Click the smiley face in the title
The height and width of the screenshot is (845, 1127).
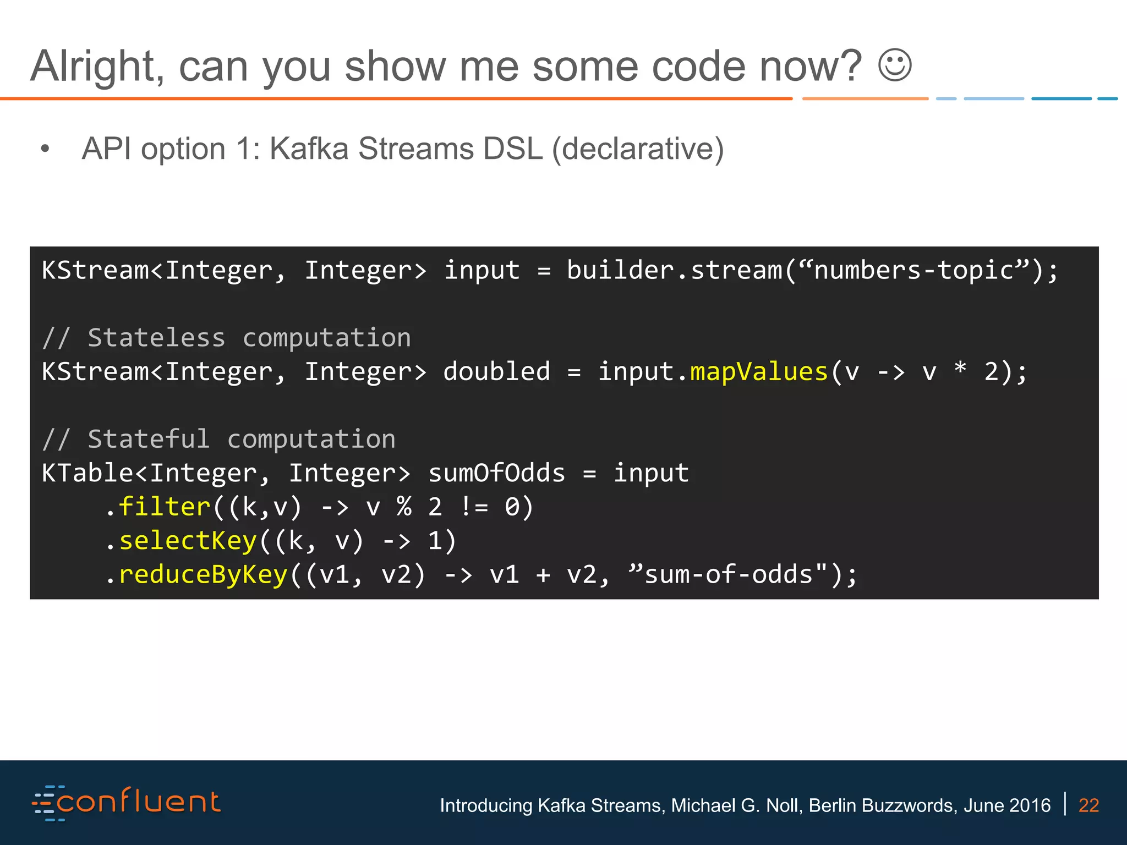[x=895, y=66]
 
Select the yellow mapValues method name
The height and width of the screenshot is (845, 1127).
[x=759, y=372]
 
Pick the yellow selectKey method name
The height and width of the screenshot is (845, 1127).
[x=188, y=541]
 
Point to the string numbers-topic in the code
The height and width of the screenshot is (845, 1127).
[x=913, y=271]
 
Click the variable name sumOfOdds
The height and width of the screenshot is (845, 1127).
[x=496, y=473]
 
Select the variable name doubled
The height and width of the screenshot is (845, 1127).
[x=496, y=372]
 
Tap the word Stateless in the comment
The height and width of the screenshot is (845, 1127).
[x=157, y=338]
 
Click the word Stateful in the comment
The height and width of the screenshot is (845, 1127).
[x=149, y=439]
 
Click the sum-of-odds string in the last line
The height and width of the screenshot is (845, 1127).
[x=728, y=575]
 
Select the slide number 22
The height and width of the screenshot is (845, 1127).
[x=1088, y=805]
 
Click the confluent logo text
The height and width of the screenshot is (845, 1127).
[x=138, y=803]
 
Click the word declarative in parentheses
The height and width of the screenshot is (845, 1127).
[x=638, y=149]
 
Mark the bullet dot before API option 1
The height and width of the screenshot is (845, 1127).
[x=45, y=149]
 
